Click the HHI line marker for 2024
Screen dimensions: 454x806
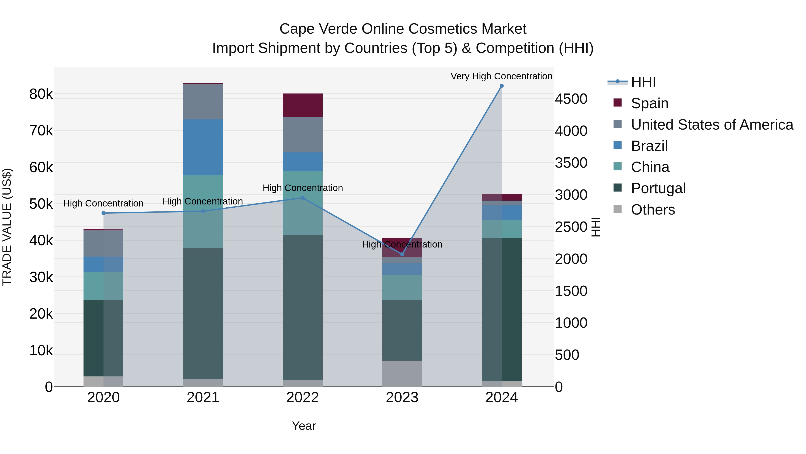coord(502,86)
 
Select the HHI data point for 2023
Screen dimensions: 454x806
coord(402,254)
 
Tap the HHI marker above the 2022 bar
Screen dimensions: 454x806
coord(302,198)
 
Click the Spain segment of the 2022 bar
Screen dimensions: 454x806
coord(302,105)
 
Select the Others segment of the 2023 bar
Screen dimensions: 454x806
coord(402,374)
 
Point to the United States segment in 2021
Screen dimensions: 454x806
coord(203,102)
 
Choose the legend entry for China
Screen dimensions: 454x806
coord(650,167)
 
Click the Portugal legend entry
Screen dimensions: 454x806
coord(658,188)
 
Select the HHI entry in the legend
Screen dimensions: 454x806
coord(643,82)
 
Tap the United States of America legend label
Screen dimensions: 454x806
coord(712,125)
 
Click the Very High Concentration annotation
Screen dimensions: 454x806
coord(501,76)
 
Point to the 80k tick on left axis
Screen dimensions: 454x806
coord(41,94)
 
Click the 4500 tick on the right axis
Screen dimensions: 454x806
coord(571,99)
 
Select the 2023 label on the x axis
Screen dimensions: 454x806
coord(402,398)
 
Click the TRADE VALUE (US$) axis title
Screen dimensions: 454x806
coord(7,227)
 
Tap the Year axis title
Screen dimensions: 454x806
coord(304,426)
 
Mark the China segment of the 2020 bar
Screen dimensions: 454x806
coord(103,286)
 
